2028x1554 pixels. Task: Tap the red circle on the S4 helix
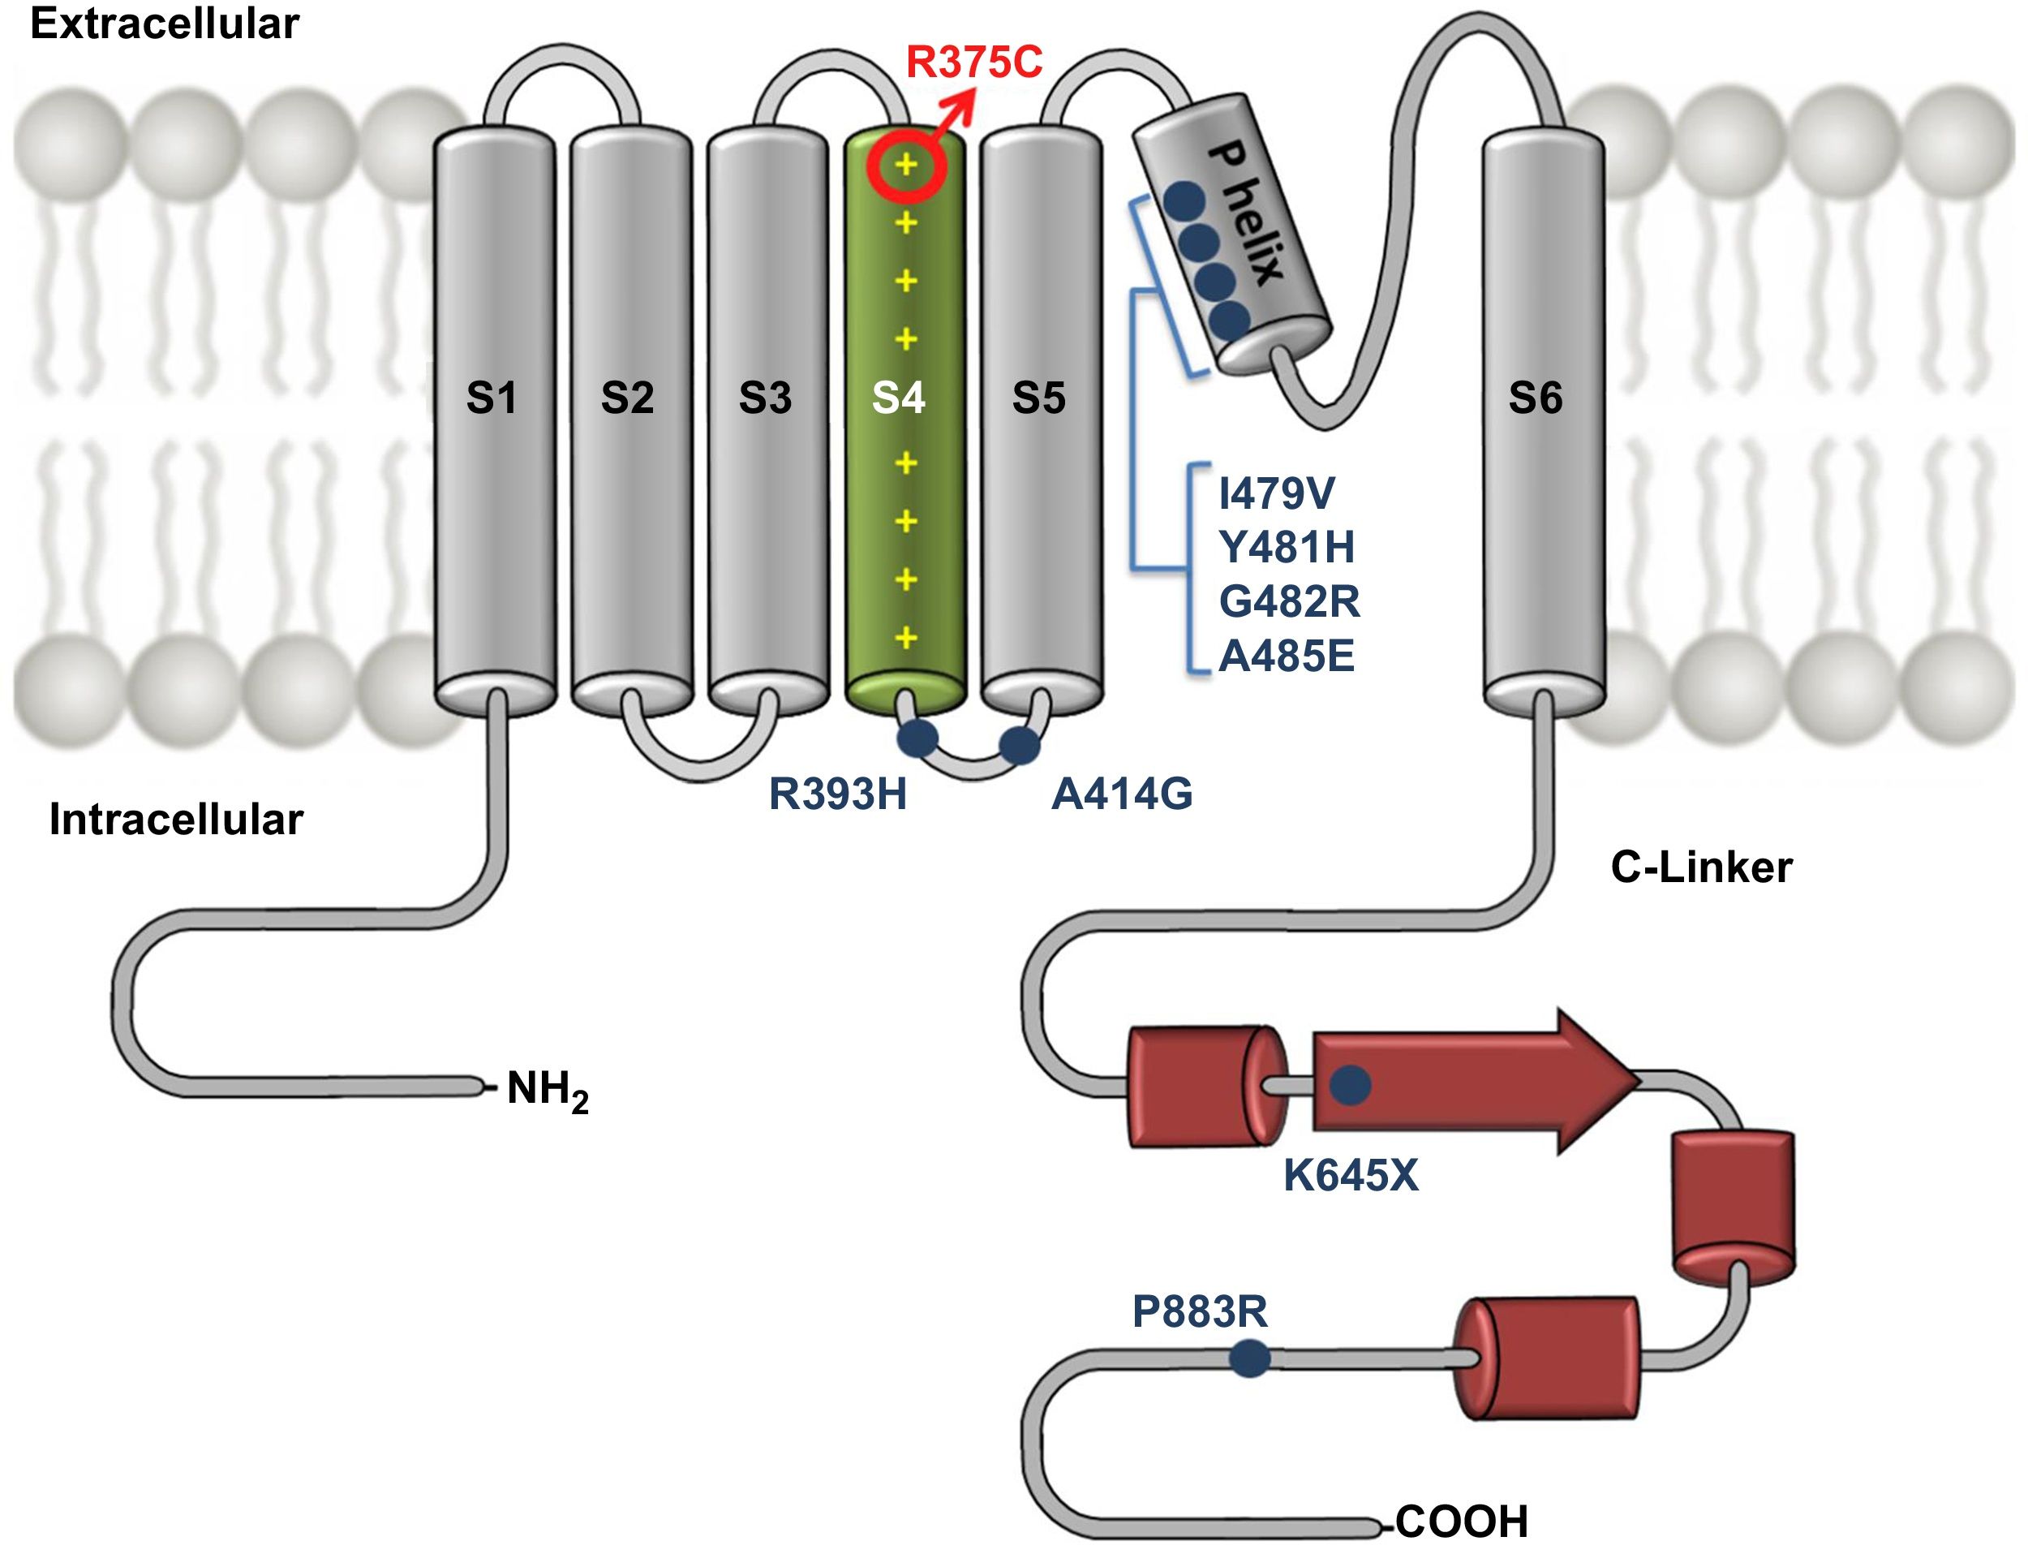[906, 166]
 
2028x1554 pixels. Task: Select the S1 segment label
[491, 398]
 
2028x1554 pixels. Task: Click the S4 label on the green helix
[899, 398]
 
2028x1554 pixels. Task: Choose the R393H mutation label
[838, 794]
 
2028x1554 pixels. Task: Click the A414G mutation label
[1122, 794]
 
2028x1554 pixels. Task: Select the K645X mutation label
[1350, 1176]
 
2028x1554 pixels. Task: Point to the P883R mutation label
[1200, 1311]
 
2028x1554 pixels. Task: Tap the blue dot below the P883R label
[1249, 1358]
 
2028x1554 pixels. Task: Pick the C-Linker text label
[1702, 867]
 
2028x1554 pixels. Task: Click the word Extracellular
[165, 23]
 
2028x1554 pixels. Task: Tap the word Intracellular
[176, 820]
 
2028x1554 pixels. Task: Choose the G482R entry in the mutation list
[1289, 602]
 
